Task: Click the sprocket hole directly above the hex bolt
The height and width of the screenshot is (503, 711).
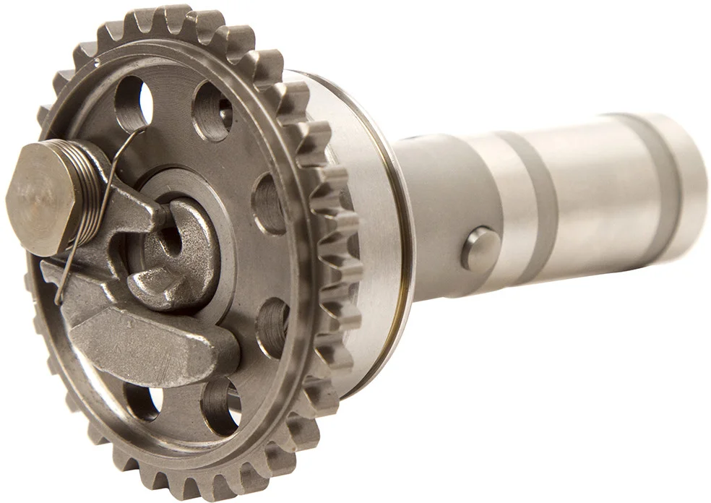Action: pyautogui.click(x=134, y=101)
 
